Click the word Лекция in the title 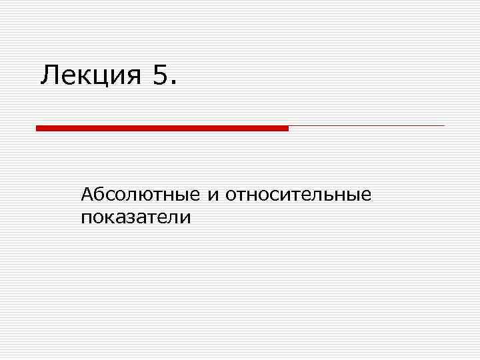pyautogui.click(x=90, y=75)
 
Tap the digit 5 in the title pyautogui.click(x=161, y=75)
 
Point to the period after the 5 pyautogui.click(x=175, y=83)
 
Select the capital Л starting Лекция pyautogui.click(x=49, y=75)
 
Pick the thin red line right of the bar pyautogui.click(x=366, y=125)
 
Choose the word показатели pyautogui.click(x=135, y=217)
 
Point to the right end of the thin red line pyautogui.click(x=443, y=125)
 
